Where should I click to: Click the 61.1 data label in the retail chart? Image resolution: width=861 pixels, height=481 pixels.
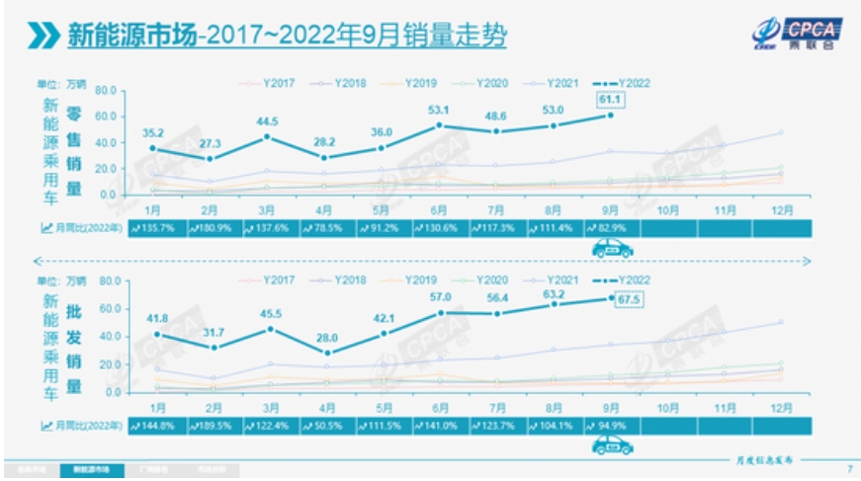tap(609, 99)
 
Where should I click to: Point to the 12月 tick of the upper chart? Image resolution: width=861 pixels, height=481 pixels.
tap(780, 209)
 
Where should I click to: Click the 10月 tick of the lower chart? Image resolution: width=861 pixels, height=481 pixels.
tap(667, 407)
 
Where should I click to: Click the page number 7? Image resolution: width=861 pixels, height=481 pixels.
tap(849, 468)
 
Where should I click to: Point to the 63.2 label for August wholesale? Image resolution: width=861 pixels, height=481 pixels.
tap(554, 293)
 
